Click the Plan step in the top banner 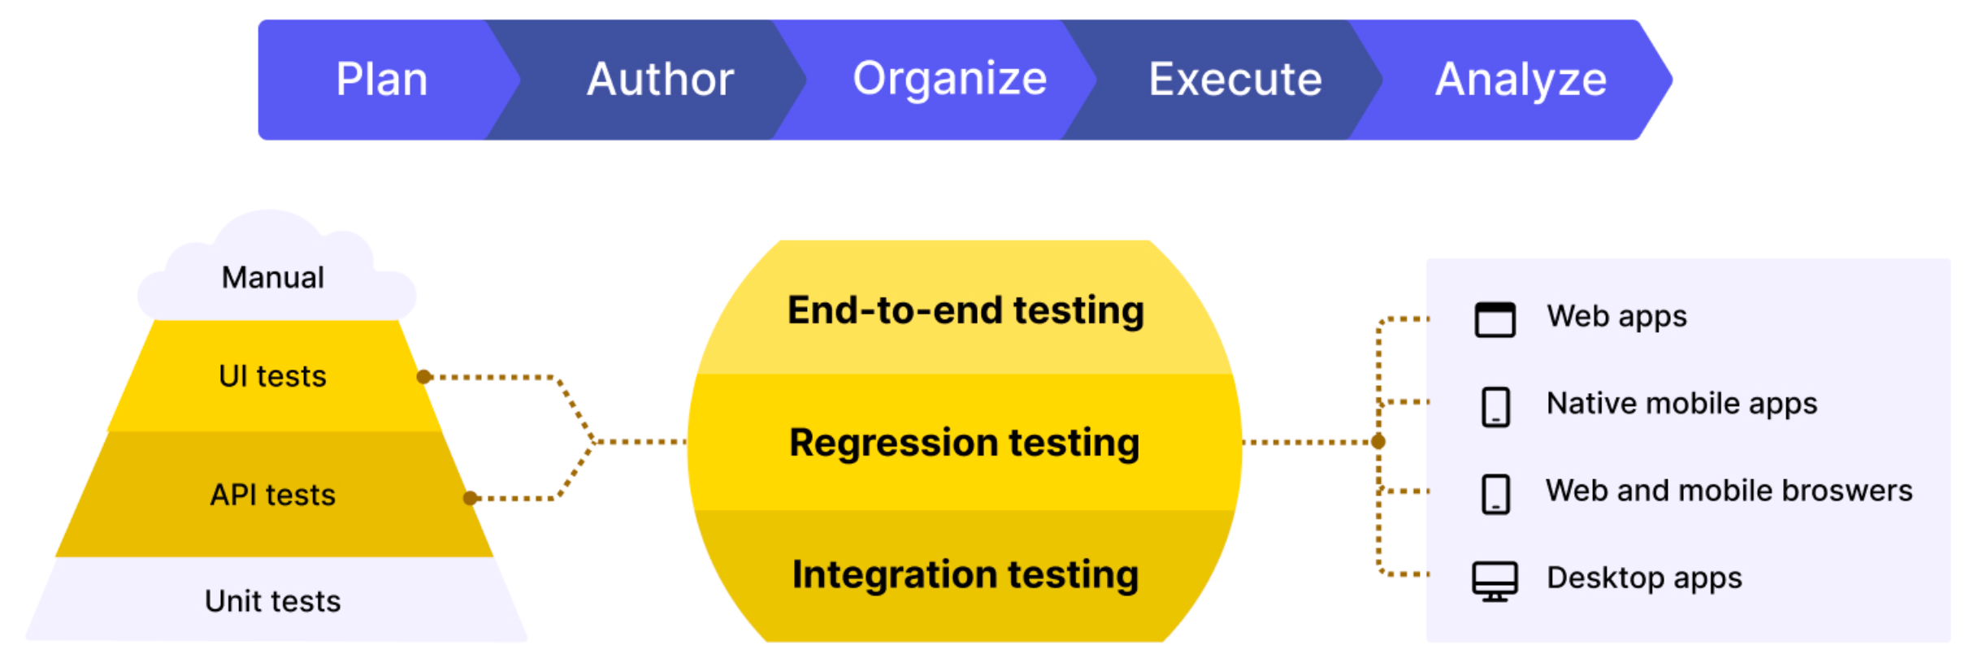[x=382, y=80]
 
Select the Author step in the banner [x=660, y=80]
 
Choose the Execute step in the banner [x=1235, y=80]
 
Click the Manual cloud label [x=273, y=278]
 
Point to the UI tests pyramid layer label [x=272, y=376]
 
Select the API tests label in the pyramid [x=272, y=495]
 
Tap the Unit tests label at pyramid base [x=272, y=601]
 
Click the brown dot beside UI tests [x=423, y=377]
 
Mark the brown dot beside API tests [x=470, y=498]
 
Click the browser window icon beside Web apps [x=1495, y=319]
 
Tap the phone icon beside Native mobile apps [x=1495, y=407]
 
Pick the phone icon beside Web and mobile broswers [x=1495, y=494]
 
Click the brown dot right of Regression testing [x=1378, y=442]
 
